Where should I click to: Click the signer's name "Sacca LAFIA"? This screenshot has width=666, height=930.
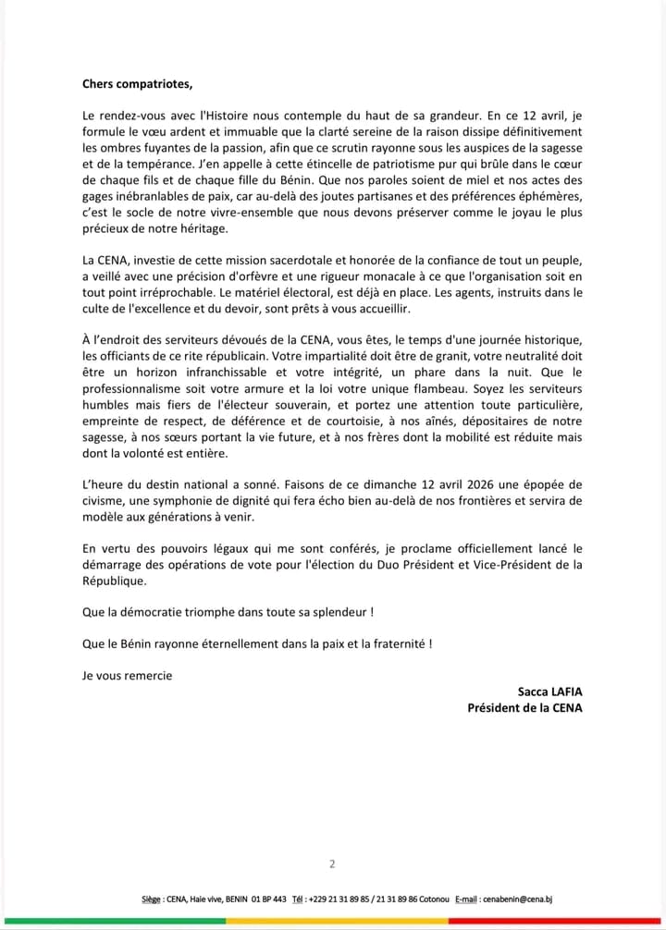pyautogui.click(x=550, y=691)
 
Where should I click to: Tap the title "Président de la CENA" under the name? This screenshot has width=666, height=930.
pyautogui.click(x=525, y=708)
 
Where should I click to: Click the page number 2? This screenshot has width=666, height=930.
pyautogui.click(x=332, y=864)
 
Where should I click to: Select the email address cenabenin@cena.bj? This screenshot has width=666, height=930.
pyautogui.click(x=518, y=899)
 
